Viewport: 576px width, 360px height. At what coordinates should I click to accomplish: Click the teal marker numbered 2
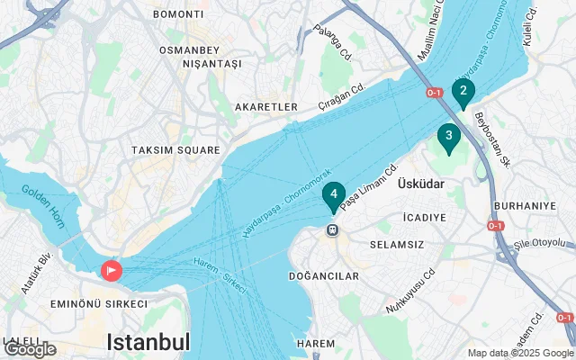(x=463, y=91)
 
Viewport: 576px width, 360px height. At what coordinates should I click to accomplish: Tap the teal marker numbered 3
(x=448, y=136)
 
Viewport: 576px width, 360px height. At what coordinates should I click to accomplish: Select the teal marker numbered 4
(x=333, y=194)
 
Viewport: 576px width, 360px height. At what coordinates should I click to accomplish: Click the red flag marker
(x=112, y=269)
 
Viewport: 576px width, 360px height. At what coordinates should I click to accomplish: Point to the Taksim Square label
(x=175, y=150)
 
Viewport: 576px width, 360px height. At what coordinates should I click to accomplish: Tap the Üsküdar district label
(x=422, y=183)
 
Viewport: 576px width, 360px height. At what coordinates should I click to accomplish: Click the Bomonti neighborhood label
(x=178, y=14)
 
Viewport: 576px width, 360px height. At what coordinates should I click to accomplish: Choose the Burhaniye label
(x=532, y=205)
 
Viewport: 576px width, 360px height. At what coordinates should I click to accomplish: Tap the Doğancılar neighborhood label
(x=324, y=275)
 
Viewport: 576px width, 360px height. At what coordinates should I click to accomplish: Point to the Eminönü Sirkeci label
(x=98, y=304)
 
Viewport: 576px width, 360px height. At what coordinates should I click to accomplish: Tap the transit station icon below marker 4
(x=333, y=230)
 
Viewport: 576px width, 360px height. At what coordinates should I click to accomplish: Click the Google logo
(x=30, y=349)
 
